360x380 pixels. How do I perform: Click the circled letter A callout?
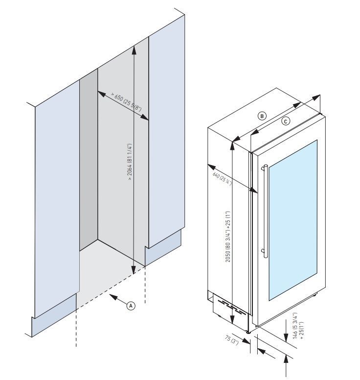tap(130, 305)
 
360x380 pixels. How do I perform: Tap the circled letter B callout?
tap(262, 116)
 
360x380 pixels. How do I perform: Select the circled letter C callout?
tap(286, 121)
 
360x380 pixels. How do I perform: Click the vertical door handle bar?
tap(264, 211)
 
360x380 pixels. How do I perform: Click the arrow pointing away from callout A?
tap(114, 297)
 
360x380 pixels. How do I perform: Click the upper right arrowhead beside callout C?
tap(317, 95)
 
